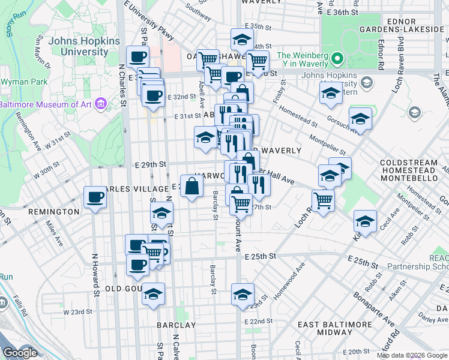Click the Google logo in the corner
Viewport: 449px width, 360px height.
click(20, 353)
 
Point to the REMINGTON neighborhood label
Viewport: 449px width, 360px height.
click(53, 212)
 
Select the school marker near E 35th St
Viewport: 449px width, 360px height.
click(242, 40)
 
